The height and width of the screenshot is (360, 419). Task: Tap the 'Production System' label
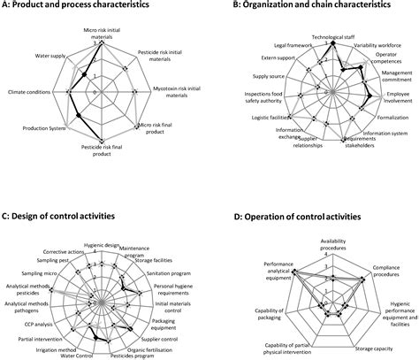[x=34, y=130]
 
